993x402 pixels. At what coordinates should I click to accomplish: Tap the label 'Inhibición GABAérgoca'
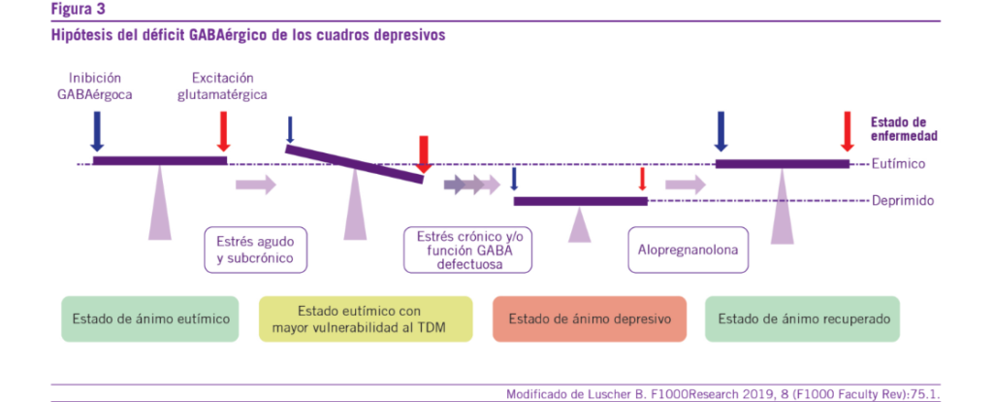click(x=94, y=85)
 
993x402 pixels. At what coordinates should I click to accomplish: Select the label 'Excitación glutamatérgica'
click(x=229, y=85)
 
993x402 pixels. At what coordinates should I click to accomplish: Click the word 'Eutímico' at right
click(x=900, y=164)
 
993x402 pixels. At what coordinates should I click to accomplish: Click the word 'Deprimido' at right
click(x=902, y=201)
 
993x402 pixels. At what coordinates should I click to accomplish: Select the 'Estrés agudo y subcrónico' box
click(x=255, y=250)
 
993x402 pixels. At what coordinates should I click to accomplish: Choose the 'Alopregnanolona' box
click(x=687, y=250)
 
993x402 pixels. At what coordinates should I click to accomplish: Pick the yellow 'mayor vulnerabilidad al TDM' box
click(x=366, y=318)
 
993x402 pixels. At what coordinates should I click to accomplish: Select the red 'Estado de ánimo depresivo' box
click(x=589, y=318)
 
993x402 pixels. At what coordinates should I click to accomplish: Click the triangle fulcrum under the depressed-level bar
click(x=580, y=226)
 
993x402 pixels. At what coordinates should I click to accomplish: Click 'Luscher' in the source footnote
click(x=604, y=393)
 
